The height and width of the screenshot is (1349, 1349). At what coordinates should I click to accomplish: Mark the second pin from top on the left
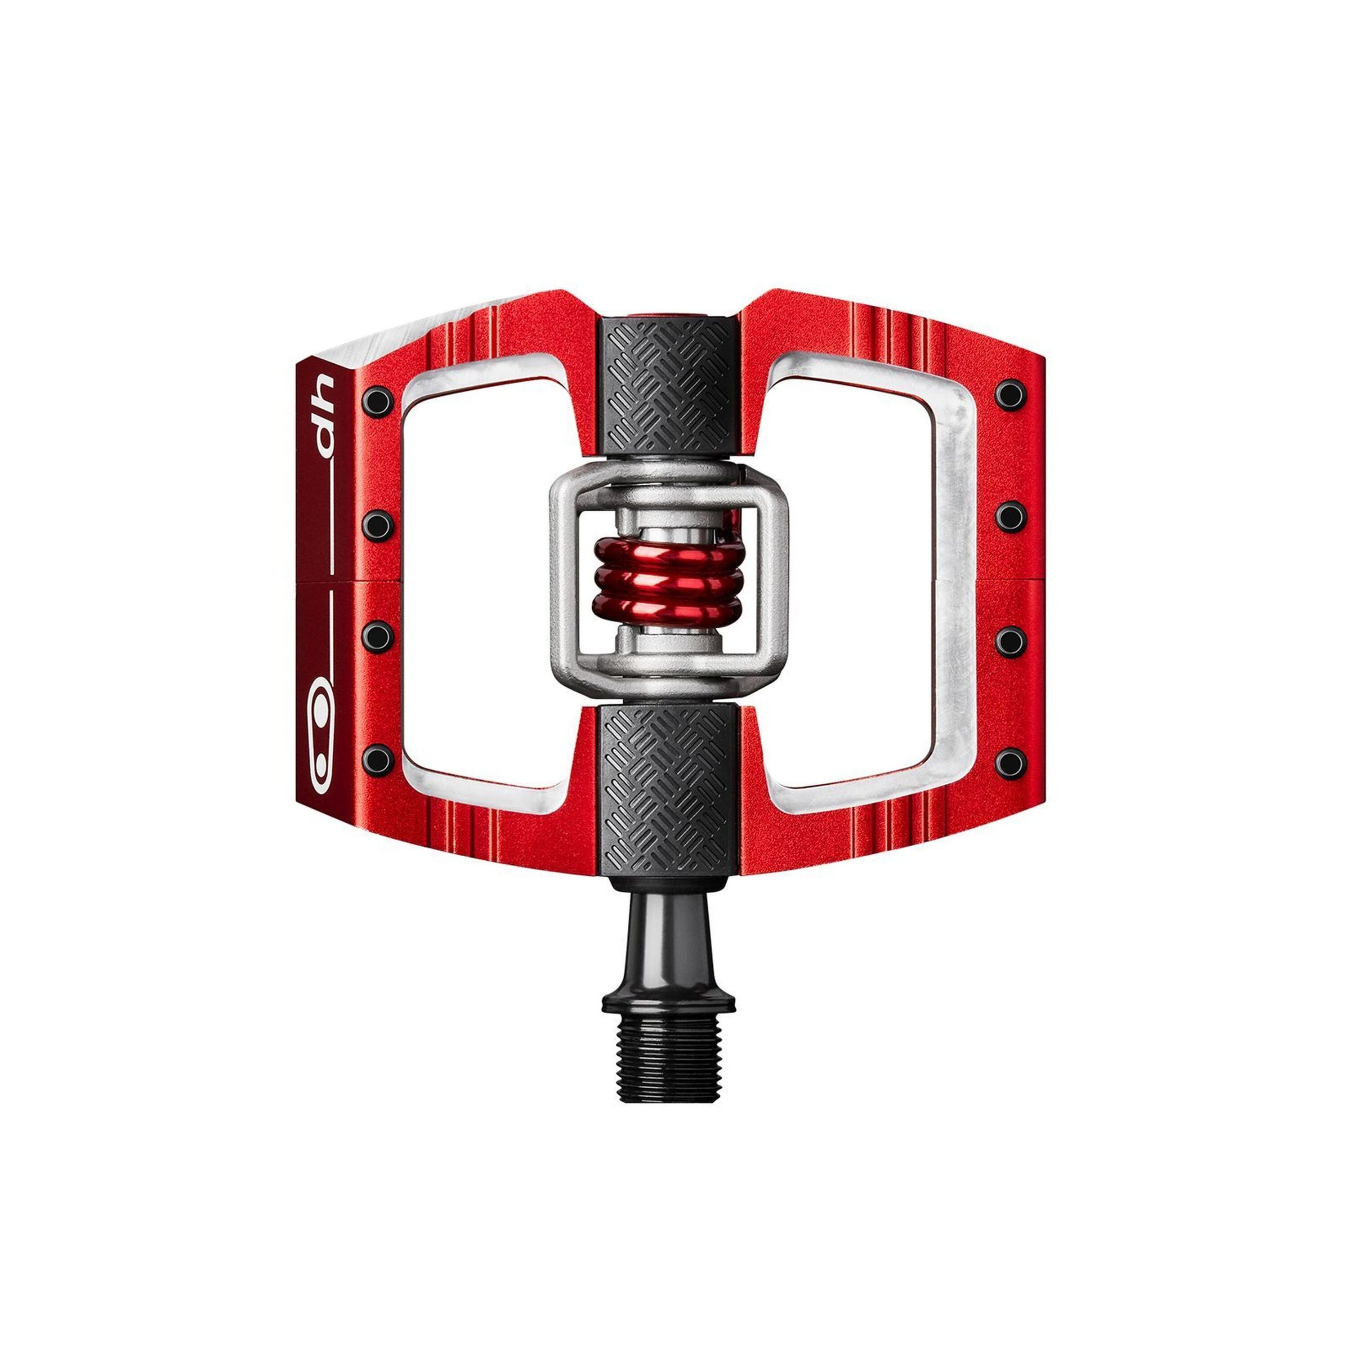pos(377,522)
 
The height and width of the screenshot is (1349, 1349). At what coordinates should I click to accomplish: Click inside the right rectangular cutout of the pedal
pos(855,580)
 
